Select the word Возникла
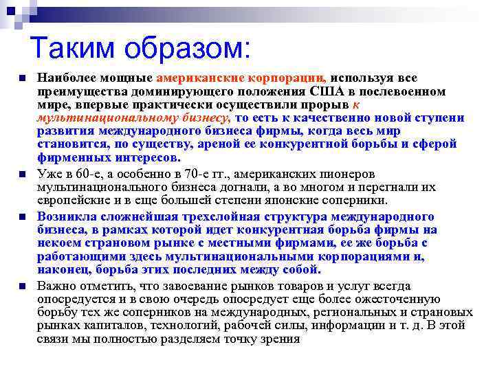[63, 217]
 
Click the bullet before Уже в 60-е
[23, 174]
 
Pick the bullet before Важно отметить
[23, 286]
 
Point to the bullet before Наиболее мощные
[23, 78]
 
